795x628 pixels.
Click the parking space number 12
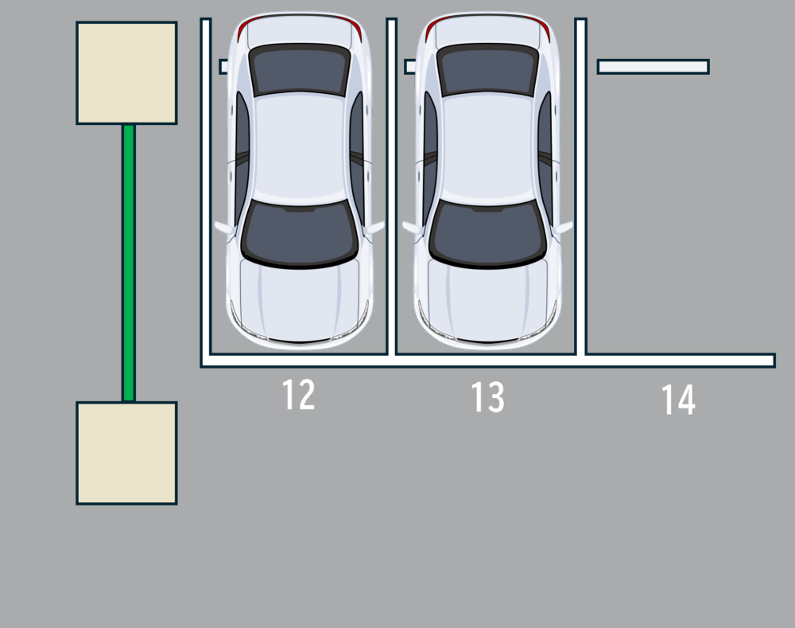[298, 395]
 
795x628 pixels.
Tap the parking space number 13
[488, 397]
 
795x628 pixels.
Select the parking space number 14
[678, 400]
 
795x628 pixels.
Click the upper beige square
[126, 72]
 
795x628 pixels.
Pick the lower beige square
[126, 453]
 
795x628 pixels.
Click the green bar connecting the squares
[129, 263]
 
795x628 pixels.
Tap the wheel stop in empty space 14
[653, 67]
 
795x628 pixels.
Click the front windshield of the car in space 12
[300, 233]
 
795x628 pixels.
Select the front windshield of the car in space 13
[488, 233]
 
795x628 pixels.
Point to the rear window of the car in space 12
[299, 69]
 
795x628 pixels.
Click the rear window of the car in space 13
[487, 69]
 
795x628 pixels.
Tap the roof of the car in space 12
[300, 148]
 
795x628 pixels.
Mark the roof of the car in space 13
[488, 148]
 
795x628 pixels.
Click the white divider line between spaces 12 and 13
[391, 186]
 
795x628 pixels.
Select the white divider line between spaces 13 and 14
[581, 186]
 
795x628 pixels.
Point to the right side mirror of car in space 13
[563, 228]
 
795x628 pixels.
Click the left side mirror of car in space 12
[224, 228]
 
